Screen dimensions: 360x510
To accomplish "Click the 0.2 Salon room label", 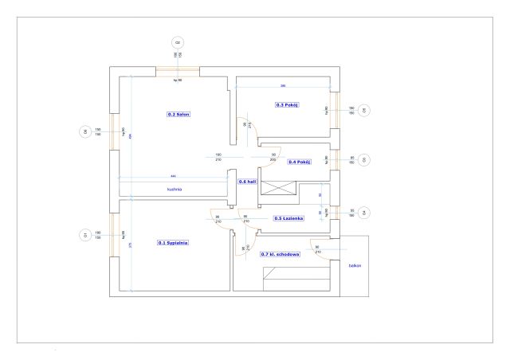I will [x=178, y=115].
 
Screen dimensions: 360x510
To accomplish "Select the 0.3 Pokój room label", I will [x=287, y=105].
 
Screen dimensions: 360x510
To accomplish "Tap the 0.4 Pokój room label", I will [x=300, y=162].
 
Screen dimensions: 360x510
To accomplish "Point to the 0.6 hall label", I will [x=246, y=182].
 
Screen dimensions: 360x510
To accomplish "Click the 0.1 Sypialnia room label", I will [x=173, y=242].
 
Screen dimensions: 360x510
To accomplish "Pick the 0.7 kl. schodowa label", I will [x=280, y=253].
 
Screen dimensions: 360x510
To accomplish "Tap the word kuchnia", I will [x=175, y=190].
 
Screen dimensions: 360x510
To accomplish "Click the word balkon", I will [x=355, y=267].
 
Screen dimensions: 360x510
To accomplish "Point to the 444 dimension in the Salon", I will [x=173, y=176].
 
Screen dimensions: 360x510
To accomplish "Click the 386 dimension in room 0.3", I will [x=283, y=85].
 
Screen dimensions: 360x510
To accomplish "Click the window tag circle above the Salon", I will [x=178, y=41].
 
